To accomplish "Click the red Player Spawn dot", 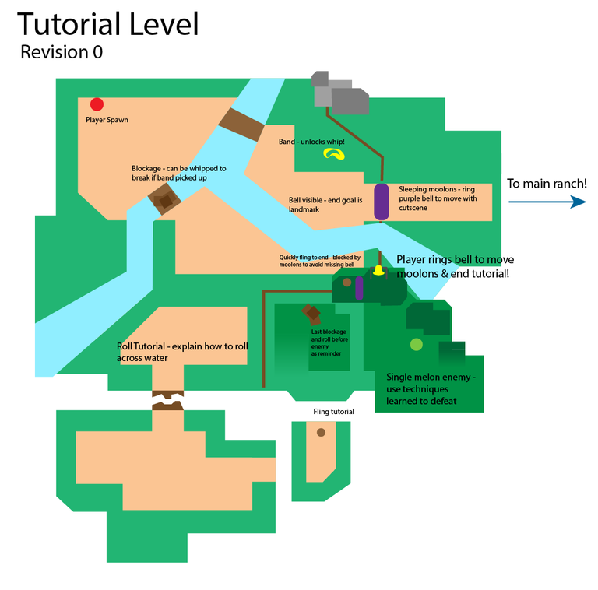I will coord(97,104).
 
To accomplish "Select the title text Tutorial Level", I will coord(108,25).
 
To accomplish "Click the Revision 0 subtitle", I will coord(61,53).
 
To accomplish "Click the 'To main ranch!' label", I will coord(547,184).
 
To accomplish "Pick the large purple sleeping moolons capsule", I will coord(382,202).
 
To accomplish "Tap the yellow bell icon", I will coord(378,271).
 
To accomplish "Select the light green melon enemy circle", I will coord(417,344).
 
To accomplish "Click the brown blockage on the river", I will coord(165,201).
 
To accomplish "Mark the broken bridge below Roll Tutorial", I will coord(167,400).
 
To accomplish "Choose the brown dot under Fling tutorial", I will coord(321,432).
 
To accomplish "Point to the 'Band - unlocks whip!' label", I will coord(311,142).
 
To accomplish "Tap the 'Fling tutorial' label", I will coord(333,412).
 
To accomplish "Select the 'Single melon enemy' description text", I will coord(431,388).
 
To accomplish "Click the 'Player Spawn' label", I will coord(107,121).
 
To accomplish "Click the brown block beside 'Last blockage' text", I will coord(311,314).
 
